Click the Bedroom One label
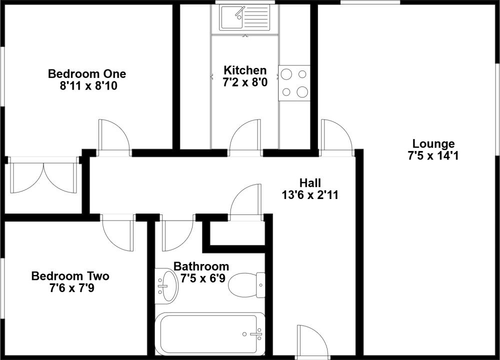click(87, 74)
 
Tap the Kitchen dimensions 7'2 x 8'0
click(245, 82)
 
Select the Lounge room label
click(433, 144)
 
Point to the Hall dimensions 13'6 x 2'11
click(310, 194)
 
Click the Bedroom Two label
click(70, 276)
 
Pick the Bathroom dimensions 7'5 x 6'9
click(203, 278)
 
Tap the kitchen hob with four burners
click(294, 83)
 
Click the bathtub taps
click(255, 334)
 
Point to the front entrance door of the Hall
click(312, 340)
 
